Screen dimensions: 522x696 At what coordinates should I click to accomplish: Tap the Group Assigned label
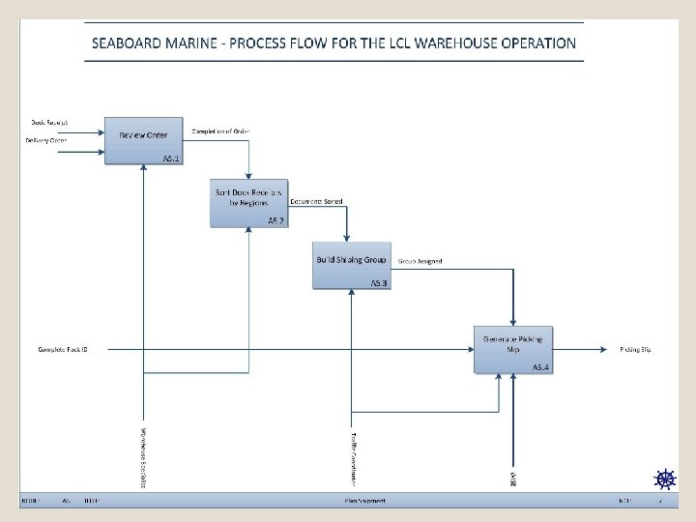click(420, 261)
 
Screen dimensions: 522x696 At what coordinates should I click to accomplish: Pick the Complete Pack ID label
click(63, 349)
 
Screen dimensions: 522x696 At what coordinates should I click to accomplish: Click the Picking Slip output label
click(635, 349)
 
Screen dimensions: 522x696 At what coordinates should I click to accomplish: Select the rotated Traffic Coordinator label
click(355, 457)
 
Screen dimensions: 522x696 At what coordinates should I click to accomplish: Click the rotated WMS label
click(513, 478)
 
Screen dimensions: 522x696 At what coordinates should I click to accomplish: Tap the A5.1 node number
click(171, 158)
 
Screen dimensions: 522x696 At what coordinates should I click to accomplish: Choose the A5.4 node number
click(540, 367)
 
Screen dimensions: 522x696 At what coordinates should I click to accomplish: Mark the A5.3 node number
click(379, 282)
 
